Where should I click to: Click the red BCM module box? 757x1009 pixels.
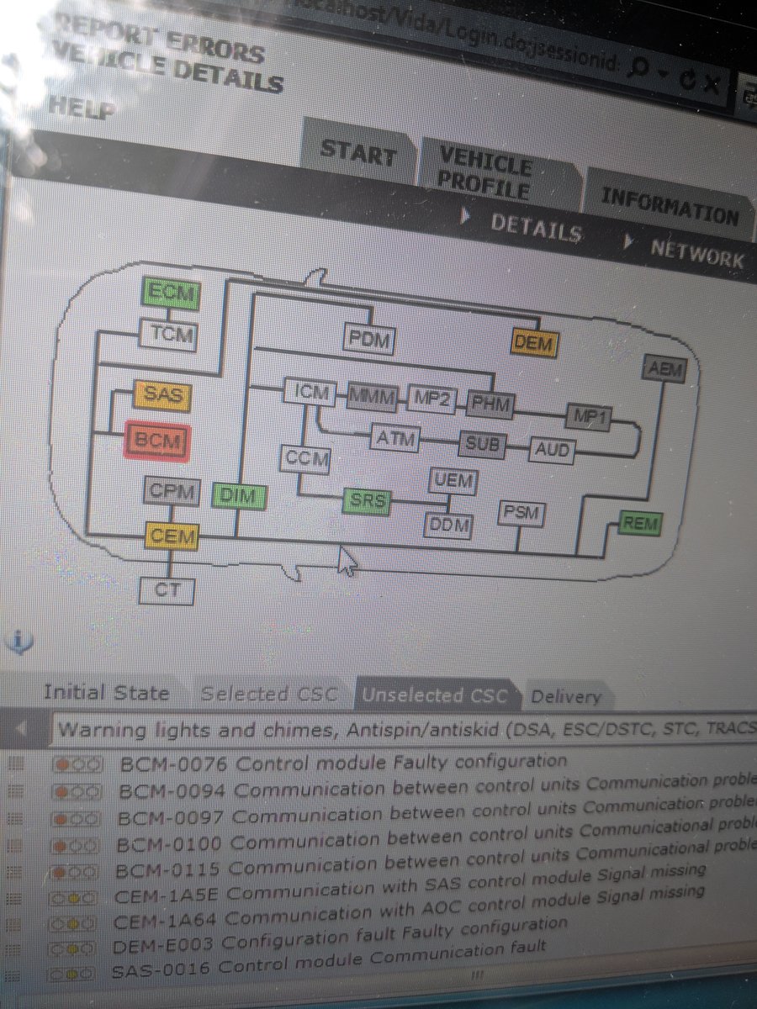[x=157, y=440]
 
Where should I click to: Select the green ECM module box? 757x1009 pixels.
[x=171, y=294]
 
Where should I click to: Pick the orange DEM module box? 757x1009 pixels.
[x=534, y=341]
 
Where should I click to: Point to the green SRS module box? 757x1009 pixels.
[x=368, y=501]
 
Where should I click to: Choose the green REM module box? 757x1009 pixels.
[x=639, y=525]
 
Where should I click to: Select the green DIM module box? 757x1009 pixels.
[x=239, y=496]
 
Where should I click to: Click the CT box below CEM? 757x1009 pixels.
[x=167, y=590]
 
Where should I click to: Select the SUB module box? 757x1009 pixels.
[x=482, y=443]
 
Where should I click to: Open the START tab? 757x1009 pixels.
[x=358, y=155]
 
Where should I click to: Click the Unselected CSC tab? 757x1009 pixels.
[x=435, y=695]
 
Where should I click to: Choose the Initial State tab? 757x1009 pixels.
[x=107, y=694]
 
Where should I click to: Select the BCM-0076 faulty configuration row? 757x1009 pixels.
[x=342, y=763]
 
